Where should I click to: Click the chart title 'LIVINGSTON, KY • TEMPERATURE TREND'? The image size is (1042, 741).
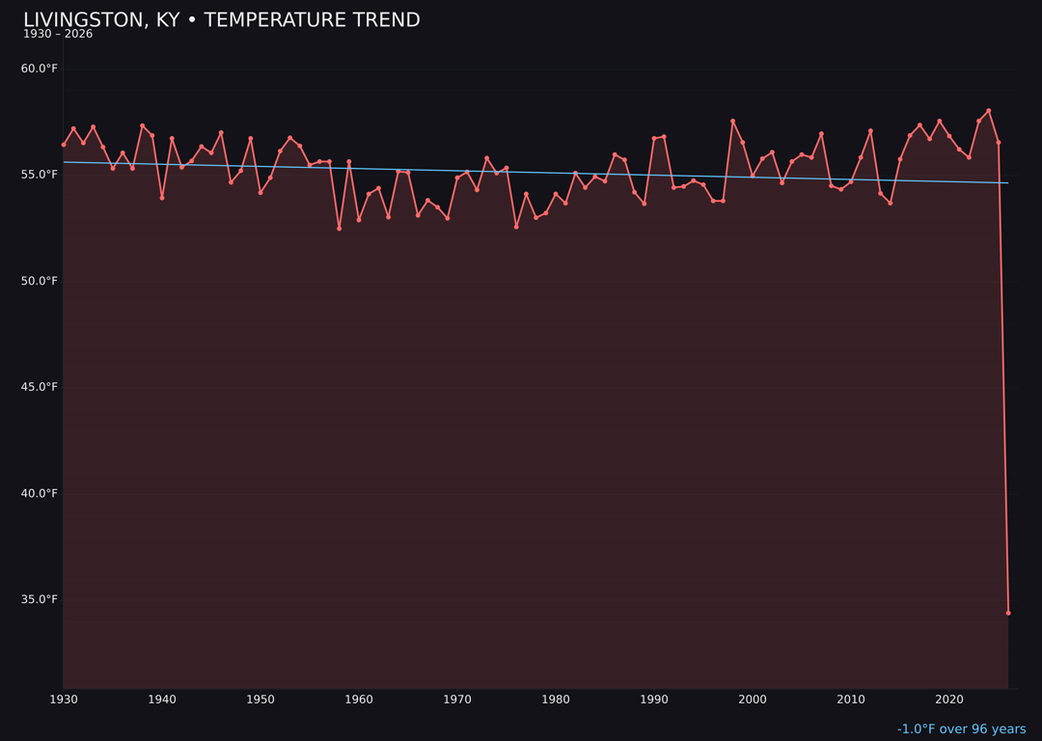tap(221, 20)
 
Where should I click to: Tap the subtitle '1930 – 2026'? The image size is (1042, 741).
tap(58, 35)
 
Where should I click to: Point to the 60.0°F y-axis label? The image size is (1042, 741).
tap(40, 69)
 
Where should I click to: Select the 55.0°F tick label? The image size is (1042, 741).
tap(40, 175)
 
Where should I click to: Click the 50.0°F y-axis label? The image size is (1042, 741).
tap(40, 281)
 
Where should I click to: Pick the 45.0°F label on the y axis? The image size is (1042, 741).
tap(40, 387)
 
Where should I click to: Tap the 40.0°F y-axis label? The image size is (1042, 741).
tap(40, 493)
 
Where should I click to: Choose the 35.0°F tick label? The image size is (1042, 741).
tap(40, 599)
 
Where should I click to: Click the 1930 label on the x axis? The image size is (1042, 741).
tap(64, 700)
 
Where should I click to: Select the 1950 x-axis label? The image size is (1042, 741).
tap(260, 700)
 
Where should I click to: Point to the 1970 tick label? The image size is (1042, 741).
tap(457, 700)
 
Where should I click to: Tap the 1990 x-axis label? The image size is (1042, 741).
tap(654, 700)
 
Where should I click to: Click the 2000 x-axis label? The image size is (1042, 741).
tap(753, 700)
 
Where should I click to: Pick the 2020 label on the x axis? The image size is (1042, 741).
tap(949, 700)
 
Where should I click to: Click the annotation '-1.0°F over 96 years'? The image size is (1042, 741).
tap(961, 729)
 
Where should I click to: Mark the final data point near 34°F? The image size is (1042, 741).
tap(1008, 613)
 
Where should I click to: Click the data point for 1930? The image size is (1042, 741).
tap(64, 145)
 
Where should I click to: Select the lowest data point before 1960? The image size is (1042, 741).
tap(339, 229)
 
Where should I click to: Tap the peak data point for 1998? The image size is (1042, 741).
tap(732, 121)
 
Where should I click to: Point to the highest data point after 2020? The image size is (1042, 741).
tap(989, 111)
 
